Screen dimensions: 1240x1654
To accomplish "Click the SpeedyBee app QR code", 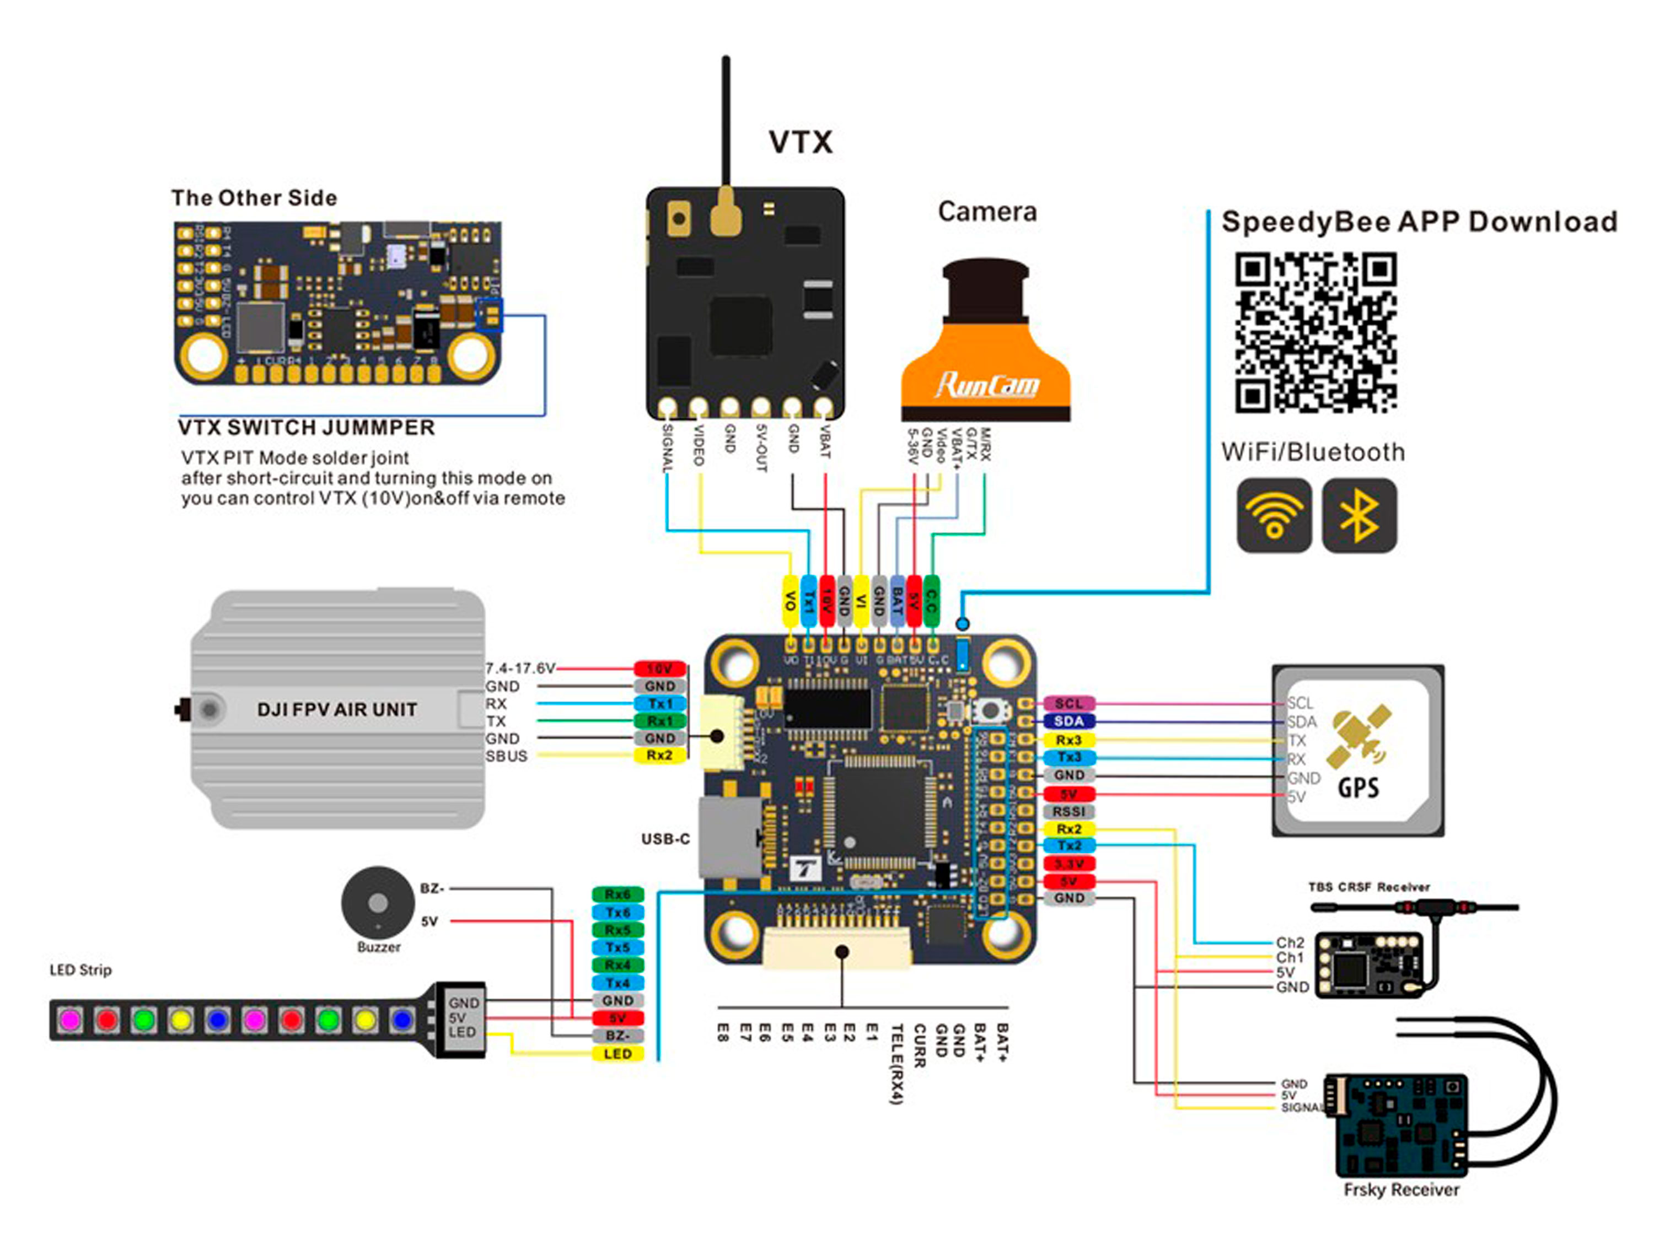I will [x=1315, y=333].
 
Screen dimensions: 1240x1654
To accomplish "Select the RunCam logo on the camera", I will [x=987, y=384].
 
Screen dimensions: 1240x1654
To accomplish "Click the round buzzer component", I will [x=378, y=902].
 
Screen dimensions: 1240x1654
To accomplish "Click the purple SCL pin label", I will [x=1068, y=703].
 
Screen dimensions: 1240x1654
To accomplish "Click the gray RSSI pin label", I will [x=1068, y=811].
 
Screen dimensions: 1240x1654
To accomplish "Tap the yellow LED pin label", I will [x=617, y=1054].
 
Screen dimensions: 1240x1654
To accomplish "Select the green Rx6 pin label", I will [x=617, y=894].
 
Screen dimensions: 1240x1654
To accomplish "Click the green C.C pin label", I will [x=931, y=600].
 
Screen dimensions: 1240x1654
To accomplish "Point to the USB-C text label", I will [x=665, y=839].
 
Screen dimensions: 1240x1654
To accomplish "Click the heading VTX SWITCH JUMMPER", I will [x=306, y=428].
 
